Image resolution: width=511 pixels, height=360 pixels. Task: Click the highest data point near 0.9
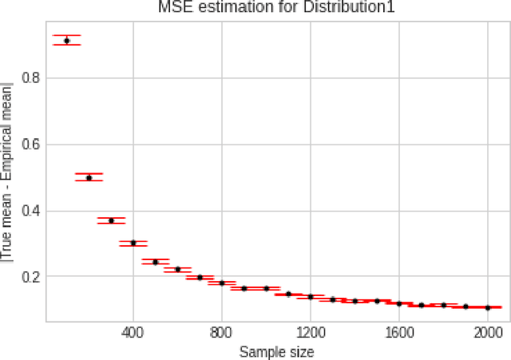tap(67, 40)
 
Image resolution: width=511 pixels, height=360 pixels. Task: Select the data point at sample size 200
tap(89, 177)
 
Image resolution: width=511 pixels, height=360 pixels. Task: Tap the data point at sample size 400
tap(133, 243)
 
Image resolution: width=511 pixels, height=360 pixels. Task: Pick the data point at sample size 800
tap(222, 283)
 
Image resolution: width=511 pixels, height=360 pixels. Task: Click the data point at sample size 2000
tap(488, 307)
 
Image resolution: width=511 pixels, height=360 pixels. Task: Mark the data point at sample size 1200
tap(311, 296)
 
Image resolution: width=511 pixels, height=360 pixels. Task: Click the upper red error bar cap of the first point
tap(67, 36)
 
